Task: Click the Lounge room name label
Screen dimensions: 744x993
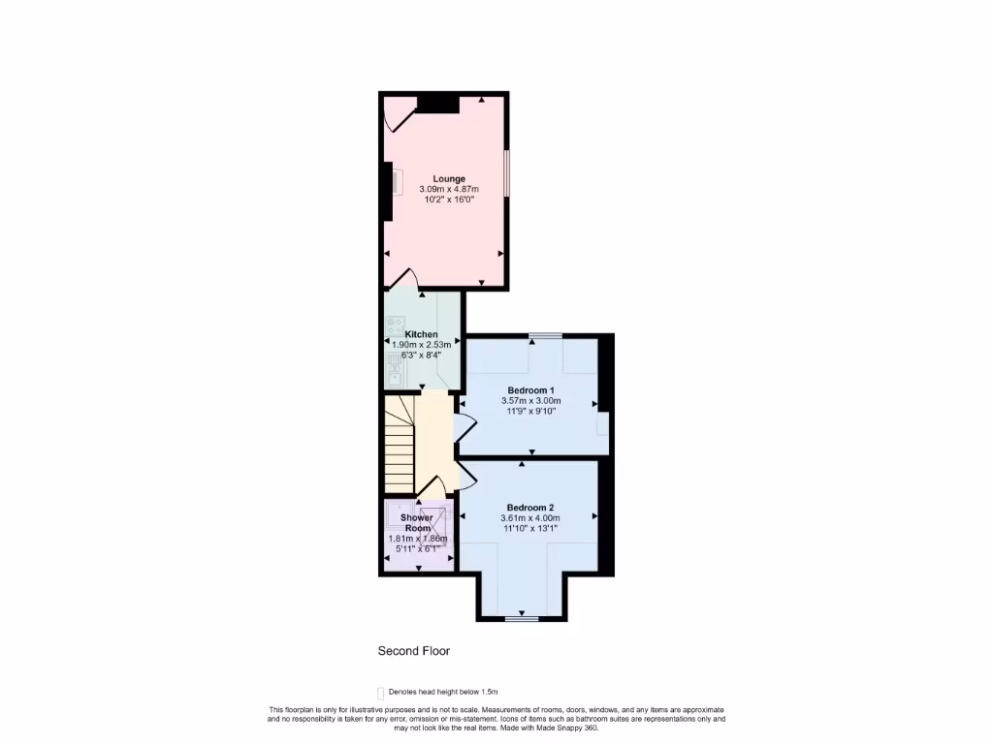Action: pyautogui.click(x=449, y=178)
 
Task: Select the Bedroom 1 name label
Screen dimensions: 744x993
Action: pyautogui.click(x=530, y=390)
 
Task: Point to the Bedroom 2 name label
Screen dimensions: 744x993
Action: pyautogui.click(x=530, y=508)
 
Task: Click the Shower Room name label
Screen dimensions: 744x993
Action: pyautogui.click(x=417, y=523)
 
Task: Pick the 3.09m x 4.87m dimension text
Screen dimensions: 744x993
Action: pyautogui.click(x=449, y=189)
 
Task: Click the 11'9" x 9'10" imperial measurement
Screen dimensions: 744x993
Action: pyautogui.click(x=530, y=411)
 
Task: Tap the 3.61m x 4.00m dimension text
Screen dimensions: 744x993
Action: pyautogui.click(x=530, y=518)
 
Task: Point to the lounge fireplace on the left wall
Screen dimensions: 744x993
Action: pyautogui.click(x=388, y=191)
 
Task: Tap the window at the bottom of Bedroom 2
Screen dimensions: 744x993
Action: pyautogui.click(x=521, y=617)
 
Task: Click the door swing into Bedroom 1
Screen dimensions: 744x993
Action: pyautogui.click(x=464, y=427)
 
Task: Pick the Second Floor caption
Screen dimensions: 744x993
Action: pyautogui.click(x=414, y=652)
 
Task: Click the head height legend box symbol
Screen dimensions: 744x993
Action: pyautogui.click(x=380, y=692)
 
